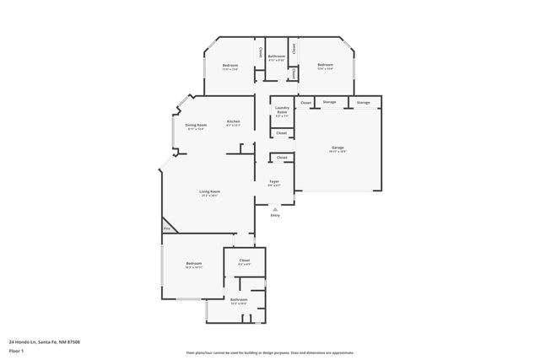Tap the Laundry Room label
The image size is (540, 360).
pyautogui.click(x=282, y=110)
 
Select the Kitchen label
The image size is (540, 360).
pyautogui.click(x=234, y=122)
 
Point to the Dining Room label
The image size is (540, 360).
pyautogui.click(x=196, y=126)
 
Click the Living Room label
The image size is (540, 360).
pyautogui.click(x=209, y=193)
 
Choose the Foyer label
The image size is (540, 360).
pyautogui.click(x=274, y=182)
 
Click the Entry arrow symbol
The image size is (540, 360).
pyautogui.click(x=274, y=208)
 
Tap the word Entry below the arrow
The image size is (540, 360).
pyautogui.click(x=274, y=216)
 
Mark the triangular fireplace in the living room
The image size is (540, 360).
pyautogui.click(x=166, y=228)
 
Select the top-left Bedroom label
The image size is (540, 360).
pyautogui.click(x=230, y=66)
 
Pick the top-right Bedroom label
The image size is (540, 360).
pyautogui.click(x=325, y=66)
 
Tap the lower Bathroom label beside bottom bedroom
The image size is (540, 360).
pyautogui.click(x=239, y=300)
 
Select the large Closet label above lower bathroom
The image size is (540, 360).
pyautogui.click(x=245, y=261)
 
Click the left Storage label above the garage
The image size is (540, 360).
pyautogui.click(x=329, y=102)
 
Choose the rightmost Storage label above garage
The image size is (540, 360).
pyautogui.click(x=363, y=102)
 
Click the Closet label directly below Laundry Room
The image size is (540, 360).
pyautogui.click(x=282, y=132)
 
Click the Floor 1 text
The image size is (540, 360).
pyautogui.click(x=16, y=350)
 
